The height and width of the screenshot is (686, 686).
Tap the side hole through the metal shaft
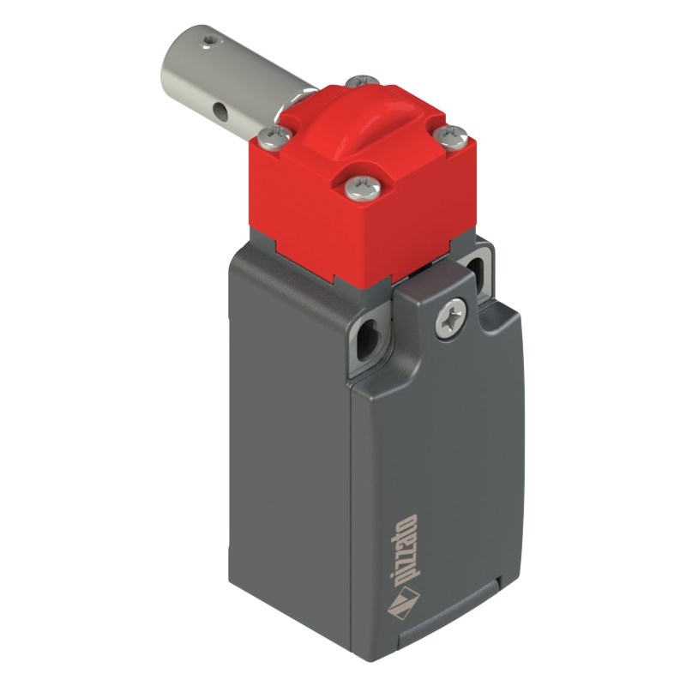(221, 112)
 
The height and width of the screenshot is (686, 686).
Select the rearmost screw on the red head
(363, 81)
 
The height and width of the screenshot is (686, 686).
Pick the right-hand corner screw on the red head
(452, 135)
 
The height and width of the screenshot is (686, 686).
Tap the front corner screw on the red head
(362, 188)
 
